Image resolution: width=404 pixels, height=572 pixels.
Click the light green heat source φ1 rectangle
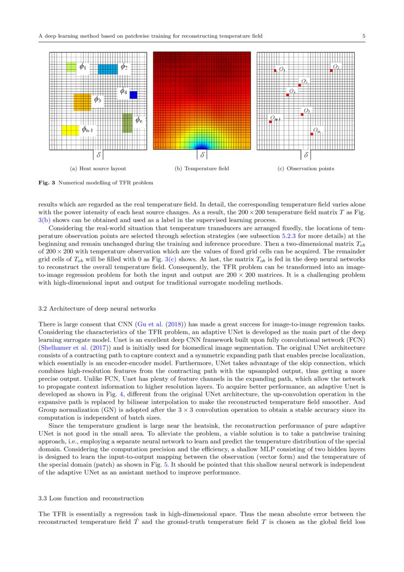pos(71,67)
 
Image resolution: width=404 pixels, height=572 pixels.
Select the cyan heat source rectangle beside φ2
pos(107,69)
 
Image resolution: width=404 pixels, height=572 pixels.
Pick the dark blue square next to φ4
pos(133,95)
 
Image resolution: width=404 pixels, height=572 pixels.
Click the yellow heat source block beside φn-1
pos(70,130)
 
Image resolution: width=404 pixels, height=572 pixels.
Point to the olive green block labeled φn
pos(127,123)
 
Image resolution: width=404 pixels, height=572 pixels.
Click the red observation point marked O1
pos(276,71)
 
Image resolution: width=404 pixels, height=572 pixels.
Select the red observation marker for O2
pos(331,70)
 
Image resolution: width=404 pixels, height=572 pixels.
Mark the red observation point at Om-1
pos(270,122)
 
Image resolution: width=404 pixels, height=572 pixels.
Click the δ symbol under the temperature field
pos(202,155)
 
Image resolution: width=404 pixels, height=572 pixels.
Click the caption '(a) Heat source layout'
pos(98,169)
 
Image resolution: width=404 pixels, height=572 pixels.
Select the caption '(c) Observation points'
pos(306,169)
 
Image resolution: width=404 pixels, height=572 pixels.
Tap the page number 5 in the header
pos(364,36)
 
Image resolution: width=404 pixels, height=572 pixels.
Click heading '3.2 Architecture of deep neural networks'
pos(97,309)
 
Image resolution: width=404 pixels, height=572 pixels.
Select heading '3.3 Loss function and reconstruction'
pos(91,499)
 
